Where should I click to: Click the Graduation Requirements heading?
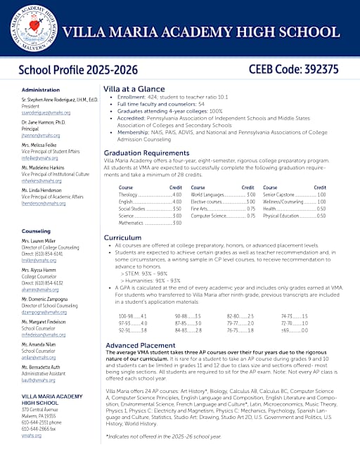pyautogui.click(x=146, y=153)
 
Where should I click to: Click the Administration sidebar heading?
pyautogui.click(x=41, y=90)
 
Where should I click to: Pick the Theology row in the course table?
pyautogui.click(x=144, y=194)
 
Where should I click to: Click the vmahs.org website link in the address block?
pyautogui.click(x=31, y=435)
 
